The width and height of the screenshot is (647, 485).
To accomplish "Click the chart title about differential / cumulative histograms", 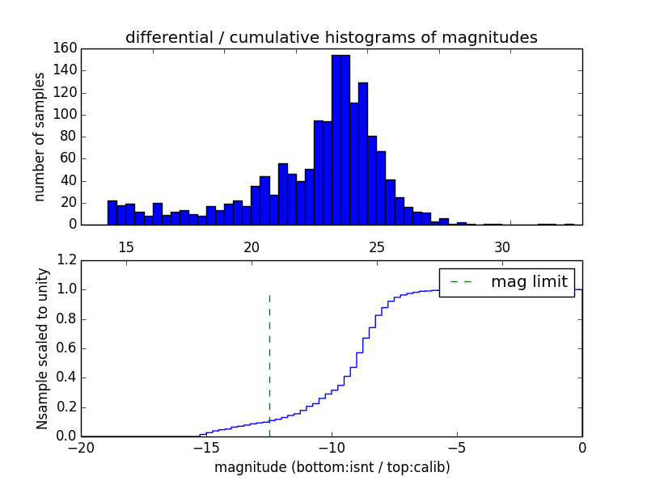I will [x=331, y=37].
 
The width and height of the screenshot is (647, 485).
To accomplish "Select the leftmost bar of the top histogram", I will [x=112, y=213].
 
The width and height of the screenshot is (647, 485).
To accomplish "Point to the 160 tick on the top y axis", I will [x=66, y=48].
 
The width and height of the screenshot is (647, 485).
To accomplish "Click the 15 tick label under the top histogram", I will [x=126, y=247].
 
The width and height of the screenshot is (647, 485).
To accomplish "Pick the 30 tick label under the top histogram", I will [x=502, y=247].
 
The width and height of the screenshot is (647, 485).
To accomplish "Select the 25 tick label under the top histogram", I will [x=377, y=247].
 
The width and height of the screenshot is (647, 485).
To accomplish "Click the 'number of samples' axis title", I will [x=39, y=137].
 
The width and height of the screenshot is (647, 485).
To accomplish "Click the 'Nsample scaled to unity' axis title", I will [x=42, y=348].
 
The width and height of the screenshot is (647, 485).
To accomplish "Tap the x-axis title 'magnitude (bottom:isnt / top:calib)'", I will [x=332, y=467].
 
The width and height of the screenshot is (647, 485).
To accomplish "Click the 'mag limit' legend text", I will [x=529, y=282].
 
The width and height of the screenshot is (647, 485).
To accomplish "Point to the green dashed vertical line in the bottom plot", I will [x=269, y=364].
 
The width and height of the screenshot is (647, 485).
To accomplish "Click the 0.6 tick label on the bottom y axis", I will [x=66, y=348].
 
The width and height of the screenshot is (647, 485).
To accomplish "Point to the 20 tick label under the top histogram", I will [x=252, y=247].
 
